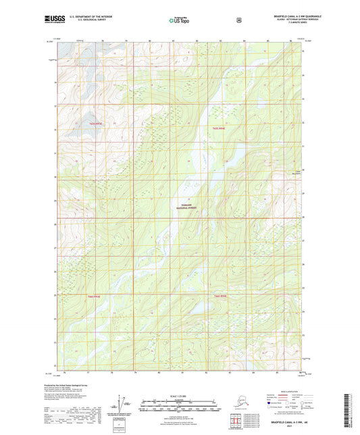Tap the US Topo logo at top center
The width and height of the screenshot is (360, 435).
[x=179, y=20]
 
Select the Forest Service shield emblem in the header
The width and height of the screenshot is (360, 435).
[x=238, y=20]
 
